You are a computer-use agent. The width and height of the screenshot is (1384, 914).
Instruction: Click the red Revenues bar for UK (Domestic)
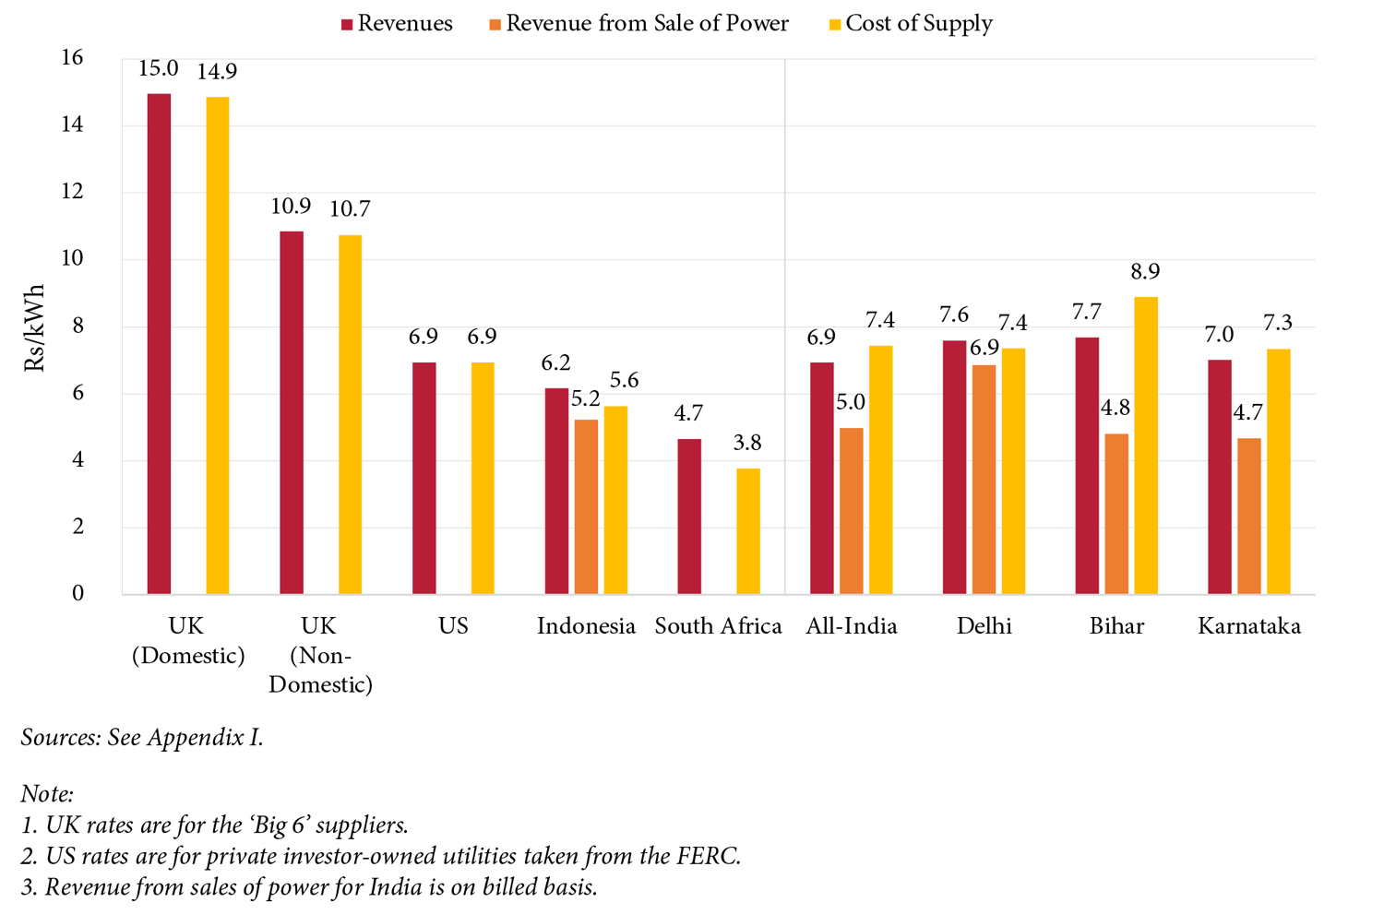(159, 343)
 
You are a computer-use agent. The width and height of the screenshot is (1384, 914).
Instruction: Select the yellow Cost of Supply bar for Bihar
(1146, 445)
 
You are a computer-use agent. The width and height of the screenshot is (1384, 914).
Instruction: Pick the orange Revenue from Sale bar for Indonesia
(586, 506)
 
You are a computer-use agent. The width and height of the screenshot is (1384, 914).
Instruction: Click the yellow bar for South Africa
(748, 531)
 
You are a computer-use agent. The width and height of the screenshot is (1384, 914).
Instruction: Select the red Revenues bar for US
(424, 478)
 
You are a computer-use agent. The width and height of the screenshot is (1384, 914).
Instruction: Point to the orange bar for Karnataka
(1248, 516)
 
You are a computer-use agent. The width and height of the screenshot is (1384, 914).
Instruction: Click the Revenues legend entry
(397, 24)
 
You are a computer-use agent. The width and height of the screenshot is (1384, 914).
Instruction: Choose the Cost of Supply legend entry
(911, 24)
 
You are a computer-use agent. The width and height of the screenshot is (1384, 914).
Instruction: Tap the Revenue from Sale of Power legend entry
(638, 24)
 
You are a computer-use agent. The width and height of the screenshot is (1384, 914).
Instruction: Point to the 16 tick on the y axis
(71, 58)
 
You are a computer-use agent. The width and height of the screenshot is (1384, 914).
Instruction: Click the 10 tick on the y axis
(71, 259)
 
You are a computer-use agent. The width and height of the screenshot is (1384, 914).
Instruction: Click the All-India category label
(851, 626)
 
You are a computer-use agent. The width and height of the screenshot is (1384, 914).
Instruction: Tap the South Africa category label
(718, 626)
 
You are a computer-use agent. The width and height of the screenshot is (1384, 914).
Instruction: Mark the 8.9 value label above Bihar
(1145, 272)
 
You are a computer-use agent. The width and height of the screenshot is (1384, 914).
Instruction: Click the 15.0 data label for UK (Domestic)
(159, 69)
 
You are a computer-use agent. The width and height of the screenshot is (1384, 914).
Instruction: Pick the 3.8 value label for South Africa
(747, 444)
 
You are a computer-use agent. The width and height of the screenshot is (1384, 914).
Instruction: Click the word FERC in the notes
(710, 856)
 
